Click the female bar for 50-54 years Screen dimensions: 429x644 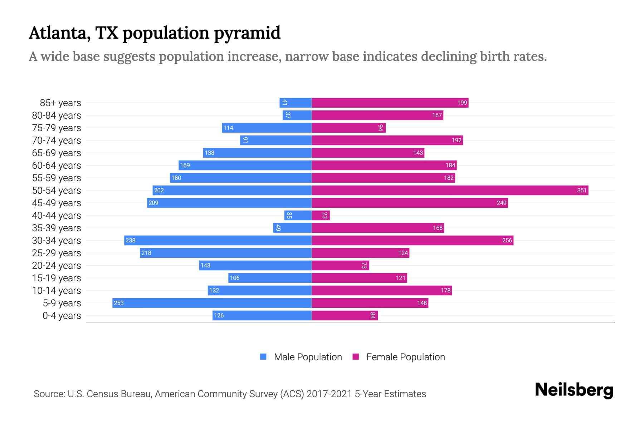450,190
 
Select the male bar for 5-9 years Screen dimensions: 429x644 212,303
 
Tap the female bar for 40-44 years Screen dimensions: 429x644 321,215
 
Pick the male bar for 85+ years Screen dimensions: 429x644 296,103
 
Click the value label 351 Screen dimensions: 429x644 582,190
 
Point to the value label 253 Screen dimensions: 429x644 118,303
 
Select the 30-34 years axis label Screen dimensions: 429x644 57,240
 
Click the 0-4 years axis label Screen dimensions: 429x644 62,315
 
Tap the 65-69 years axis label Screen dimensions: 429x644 57,153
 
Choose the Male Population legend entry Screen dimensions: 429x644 308,357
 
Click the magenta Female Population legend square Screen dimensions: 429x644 356,357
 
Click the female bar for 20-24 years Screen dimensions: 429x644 340,265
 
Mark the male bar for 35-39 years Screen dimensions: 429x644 292,228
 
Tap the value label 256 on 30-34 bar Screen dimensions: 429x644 507,240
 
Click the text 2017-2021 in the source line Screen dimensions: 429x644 329,394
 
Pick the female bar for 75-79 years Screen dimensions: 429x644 348,128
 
